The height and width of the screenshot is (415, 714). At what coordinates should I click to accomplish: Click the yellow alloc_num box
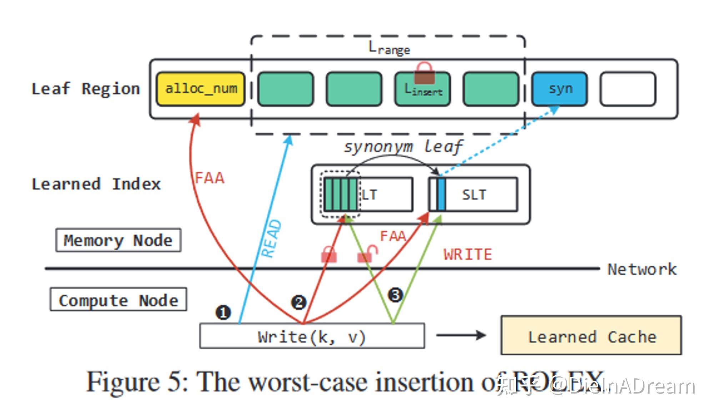click(201, 89)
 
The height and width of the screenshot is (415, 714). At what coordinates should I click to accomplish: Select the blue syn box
click(559, 89)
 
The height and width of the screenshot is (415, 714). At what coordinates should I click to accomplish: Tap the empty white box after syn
click(628, 89)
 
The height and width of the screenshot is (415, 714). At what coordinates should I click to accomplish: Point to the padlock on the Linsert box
click(424, 74)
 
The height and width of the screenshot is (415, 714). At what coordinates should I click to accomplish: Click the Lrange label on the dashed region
click(389, 48)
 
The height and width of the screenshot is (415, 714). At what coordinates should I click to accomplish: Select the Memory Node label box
click(118, 240)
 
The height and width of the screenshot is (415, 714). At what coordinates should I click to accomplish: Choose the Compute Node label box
click(118, 300)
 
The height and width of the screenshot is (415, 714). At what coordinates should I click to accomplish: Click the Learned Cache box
click(591, 335)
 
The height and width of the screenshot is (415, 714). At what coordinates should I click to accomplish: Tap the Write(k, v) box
click(312, 336)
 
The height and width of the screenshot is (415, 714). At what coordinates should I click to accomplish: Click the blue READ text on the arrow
click(271, 238)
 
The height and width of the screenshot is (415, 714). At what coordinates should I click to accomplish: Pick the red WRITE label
click(467, 255)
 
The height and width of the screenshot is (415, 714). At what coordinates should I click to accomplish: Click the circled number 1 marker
click(223, 312)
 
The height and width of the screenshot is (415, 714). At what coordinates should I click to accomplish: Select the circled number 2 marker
click(298, 302)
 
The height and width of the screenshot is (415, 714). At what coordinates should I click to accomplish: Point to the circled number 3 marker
click(395, 295)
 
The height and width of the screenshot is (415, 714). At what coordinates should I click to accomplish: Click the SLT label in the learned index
click(474, 195)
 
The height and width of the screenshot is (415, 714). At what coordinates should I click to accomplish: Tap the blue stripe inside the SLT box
click(441, 194)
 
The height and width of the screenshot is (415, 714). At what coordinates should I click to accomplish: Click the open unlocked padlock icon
click(367, 254)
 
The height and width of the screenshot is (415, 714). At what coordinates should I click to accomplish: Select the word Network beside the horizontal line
click(642, 269)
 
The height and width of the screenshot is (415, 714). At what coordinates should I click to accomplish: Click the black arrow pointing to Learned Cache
click(461, 335)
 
